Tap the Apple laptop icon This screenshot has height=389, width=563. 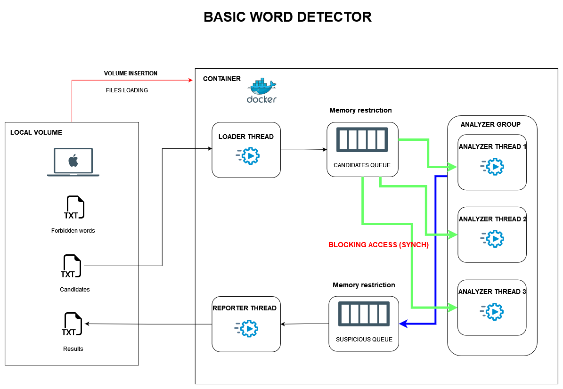pyautogui.click(x=73, y=162)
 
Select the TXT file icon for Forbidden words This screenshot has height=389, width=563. pyautogui.click(x=74, y=208)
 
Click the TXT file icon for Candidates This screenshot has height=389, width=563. pyautogui.click(x=72, y=267)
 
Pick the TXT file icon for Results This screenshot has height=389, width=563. pyautogui.click(x=72, y=324)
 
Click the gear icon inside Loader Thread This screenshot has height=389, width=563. pyautogui.click(x=247, y=156)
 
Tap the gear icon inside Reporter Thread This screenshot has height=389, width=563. pyautogui.click(x=246, y=328)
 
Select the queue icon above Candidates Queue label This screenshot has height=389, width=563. pyautogui.click(x=362, y=140)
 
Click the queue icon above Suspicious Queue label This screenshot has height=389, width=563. pyautogui.click(x=364, y=314)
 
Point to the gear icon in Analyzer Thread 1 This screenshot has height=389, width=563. pyautogui.click(x=492, y=166)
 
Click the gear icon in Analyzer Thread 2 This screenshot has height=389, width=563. pyautogui.click(x=492, y=239)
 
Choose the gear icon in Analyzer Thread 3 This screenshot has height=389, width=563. pyautogui.click(x=492, y=311)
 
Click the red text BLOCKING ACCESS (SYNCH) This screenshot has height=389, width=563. pyautogui.click(x=378, y=245)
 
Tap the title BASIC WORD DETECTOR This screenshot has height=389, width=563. pyautogui.click(x=287, y=17)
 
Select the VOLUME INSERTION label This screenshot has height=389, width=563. pyautogui.click(x=131, y=73)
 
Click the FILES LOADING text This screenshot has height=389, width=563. pyautogui.click(x=127, y=90)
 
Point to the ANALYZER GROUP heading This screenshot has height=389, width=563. pyautogui.click(x=490, y=124)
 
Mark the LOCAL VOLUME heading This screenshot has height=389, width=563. pyautogui.click(x=36, y=132)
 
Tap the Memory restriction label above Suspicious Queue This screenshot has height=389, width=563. pyautogui.click(x=364, y=285)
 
